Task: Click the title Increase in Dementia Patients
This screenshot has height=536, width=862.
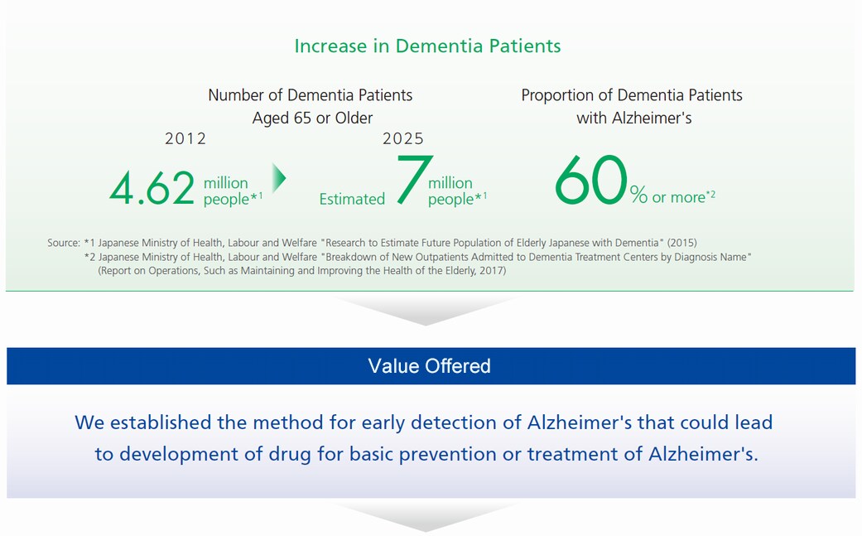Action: pyautogui.click(x=428, y=46)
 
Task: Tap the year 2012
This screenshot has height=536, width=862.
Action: pyautogui.click(x=185, y=138)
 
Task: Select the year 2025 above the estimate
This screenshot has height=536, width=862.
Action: pyautogui.click(x=403, y=138)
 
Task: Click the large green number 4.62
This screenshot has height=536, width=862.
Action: pyautogui.click(x=152, y=188)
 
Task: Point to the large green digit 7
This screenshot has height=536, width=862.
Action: pyautogui.click(x=414, y=179)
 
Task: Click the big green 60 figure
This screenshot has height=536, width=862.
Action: pyautogui.click(x=591, y=180)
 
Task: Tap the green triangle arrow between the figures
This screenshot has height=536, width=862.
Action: pyautogui.click(x=279, y=178)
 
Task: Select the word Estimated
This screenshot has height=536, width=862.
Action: pyautogui.click(x=352, y=199)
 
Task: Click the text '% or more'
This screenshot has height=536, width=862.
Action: pyautogui.click(x=668, y=196)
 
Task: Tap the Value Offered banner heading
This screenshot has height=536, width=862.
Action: pyautogui.click(x=430, y=366)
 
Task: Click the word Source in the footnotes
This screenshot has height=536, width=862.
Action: pyautogui.click(x=63, y=243)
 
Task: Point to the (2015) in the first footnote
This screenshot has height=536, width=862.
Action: pyautogui.click(x=682, y=243)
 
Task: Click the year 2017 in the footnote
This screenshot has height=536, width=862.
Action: pyautogui.click(x=490, y=270)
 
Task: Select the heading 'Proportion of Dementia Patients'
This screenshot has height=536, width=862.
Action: pyautogui.click(x=632, y=95)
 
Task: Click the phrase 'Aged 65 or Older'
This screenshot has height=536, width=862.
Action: pyautogui.click(x=312, y=118)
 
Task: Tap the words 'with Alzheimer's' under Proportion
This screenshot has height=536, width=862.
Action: pyautogui.click(x=633, y=118)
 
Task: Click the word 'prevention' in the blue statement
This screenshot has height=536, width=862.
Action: pyautogui.click(x=443, y=454)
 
